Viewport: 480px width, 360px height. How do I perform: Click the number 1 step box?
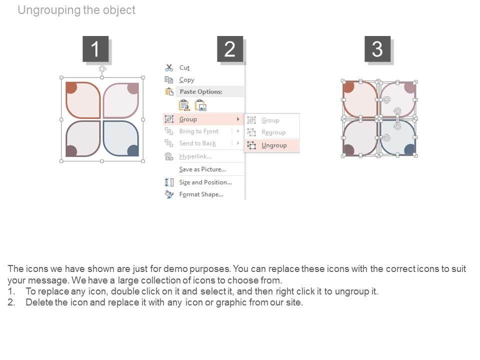click(x=95, y=48)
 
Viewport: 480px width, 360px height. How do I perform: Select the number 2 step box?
click(x=230, y=48)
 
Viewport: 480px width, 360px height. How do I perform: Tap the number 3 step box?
click(x=377, y=48)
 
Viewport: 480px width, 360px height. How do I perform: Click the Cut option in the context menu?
click(x=184, y=67)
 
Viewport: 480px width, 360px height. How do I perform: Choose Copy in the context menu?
click(x=186, y=80)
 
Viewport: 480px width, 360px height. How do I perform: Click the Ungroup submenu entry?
click(x=274, y=145)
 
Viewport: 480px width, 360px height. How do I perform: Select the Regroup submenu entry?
click(x=273, y=132)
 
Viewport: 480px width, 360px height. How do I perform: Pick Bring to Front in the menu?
click(x=199, y=131)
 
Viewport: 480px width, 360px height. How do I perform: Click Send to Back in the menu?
click(x=197, y=143)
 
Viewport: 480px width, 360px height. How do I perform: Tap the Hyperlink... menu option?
click(x=195, y=156)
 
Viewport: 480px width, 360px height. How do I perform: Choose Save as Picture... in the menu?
click(x=202, y=169)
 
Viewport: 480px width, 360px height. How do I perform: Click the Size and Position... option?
click(x=205, y=182)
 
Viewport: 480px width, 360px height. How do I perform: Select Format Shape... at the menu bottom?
click(x=201, y=194)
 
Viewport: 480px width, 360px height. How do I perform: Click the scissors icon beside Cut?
click(x=169, y=67)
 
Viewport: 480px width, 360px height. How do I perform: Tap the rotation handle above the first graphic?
click(x=102, y=69)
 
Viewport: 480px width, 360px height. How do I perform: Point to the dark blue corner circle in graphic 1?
click(x=133, y=150)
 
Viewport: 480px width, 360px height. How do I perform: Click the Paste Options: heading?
click(x=201, y=91)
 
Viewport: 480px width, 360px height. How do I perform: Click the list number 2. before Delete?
click(x=11, y=302)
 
